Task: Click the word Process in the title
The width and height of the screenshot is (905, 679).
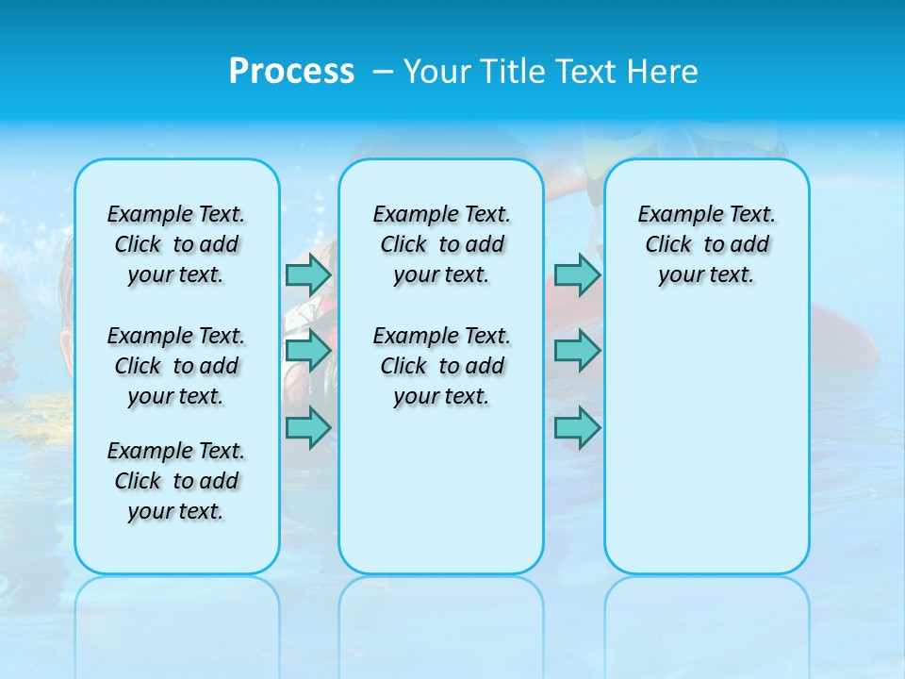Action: coord(291,72)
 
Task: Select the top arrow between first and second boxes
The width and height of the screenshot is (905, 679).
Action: coord(308,275)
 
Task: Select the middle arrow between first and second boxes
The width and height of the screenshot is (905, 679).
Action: coord(308,352)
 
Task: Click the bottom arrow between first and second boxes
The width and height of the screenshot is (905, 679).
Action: coord(308,427)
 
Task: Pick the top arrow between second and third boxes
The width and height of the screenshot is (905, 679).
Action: coord(577,275)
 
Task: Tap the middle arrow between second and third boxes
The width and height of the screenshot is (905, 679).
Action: coord(577,352)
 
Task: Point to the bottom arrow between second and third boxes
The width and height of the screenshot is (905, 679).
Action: coord(577,427)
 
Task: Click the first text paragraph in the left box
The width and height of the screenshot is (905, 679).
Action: coord(176,244)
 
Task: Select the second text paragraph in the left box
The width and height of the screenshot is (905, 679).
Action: coord(176,366)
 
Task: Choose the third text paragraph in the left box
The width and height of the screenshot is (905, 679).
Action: coord(176,481)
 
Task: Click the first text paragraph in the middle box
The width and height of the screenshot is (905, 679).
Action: coord(441,244)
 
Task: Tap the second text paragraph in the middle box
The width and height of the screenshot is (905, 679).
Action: coord(441,366)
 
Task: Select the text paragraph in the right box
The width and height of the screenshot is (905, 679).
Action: coord(707,244)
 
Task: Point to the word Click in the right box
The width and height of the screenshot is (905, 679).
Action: coord(668,244)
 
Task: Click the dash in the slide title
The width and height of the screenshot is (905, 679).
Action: coord(383,72)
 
